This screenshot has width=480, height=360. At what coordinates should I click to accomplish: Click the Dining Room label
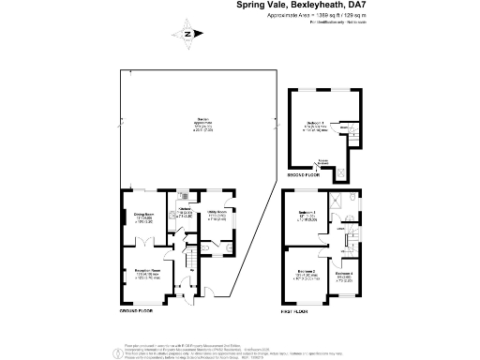point(142,215)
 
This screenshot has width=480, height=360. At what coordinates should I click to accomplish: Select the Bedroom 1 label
point(314,124)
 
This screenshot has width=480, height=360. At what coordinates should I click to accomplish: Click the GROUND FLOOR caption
point(137,310)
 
